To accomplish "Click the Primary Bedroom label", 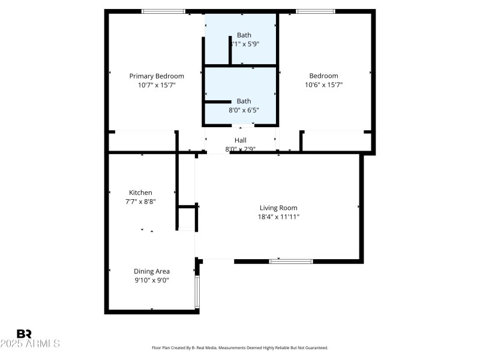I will [157, 76].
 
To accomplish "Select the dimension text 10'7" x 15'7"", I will [157, 85].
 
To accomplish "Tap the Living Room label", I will [278, 208].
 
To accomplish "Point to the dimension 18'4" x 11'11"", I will [278, 217].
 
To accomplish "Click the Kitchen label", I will [140, 193].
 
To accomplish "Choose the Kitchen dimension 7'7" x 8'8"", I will [140, 202].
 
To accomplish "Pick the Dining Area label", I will [151, 271].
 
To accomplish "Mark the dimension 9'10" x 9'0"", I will [151, 280].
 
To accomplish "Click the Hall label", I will [240, 140].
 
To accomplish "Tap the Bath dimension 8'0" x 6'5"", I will [244, 110].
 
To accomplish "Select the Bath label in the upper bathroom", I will [244, 35].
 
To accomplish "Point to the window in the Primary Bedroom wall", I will [163, 11].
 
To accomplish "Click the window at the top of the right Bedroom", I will [316, 11].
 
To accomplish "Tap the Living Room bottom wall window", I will [291, 261].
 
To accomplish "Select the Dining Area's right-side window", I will [197, 292].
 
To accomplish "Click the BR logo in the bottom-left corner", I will [24, 334].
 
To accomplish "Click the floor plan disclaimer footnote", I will [240, 348].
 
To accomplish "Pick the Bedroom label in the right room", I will [323, 76].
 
